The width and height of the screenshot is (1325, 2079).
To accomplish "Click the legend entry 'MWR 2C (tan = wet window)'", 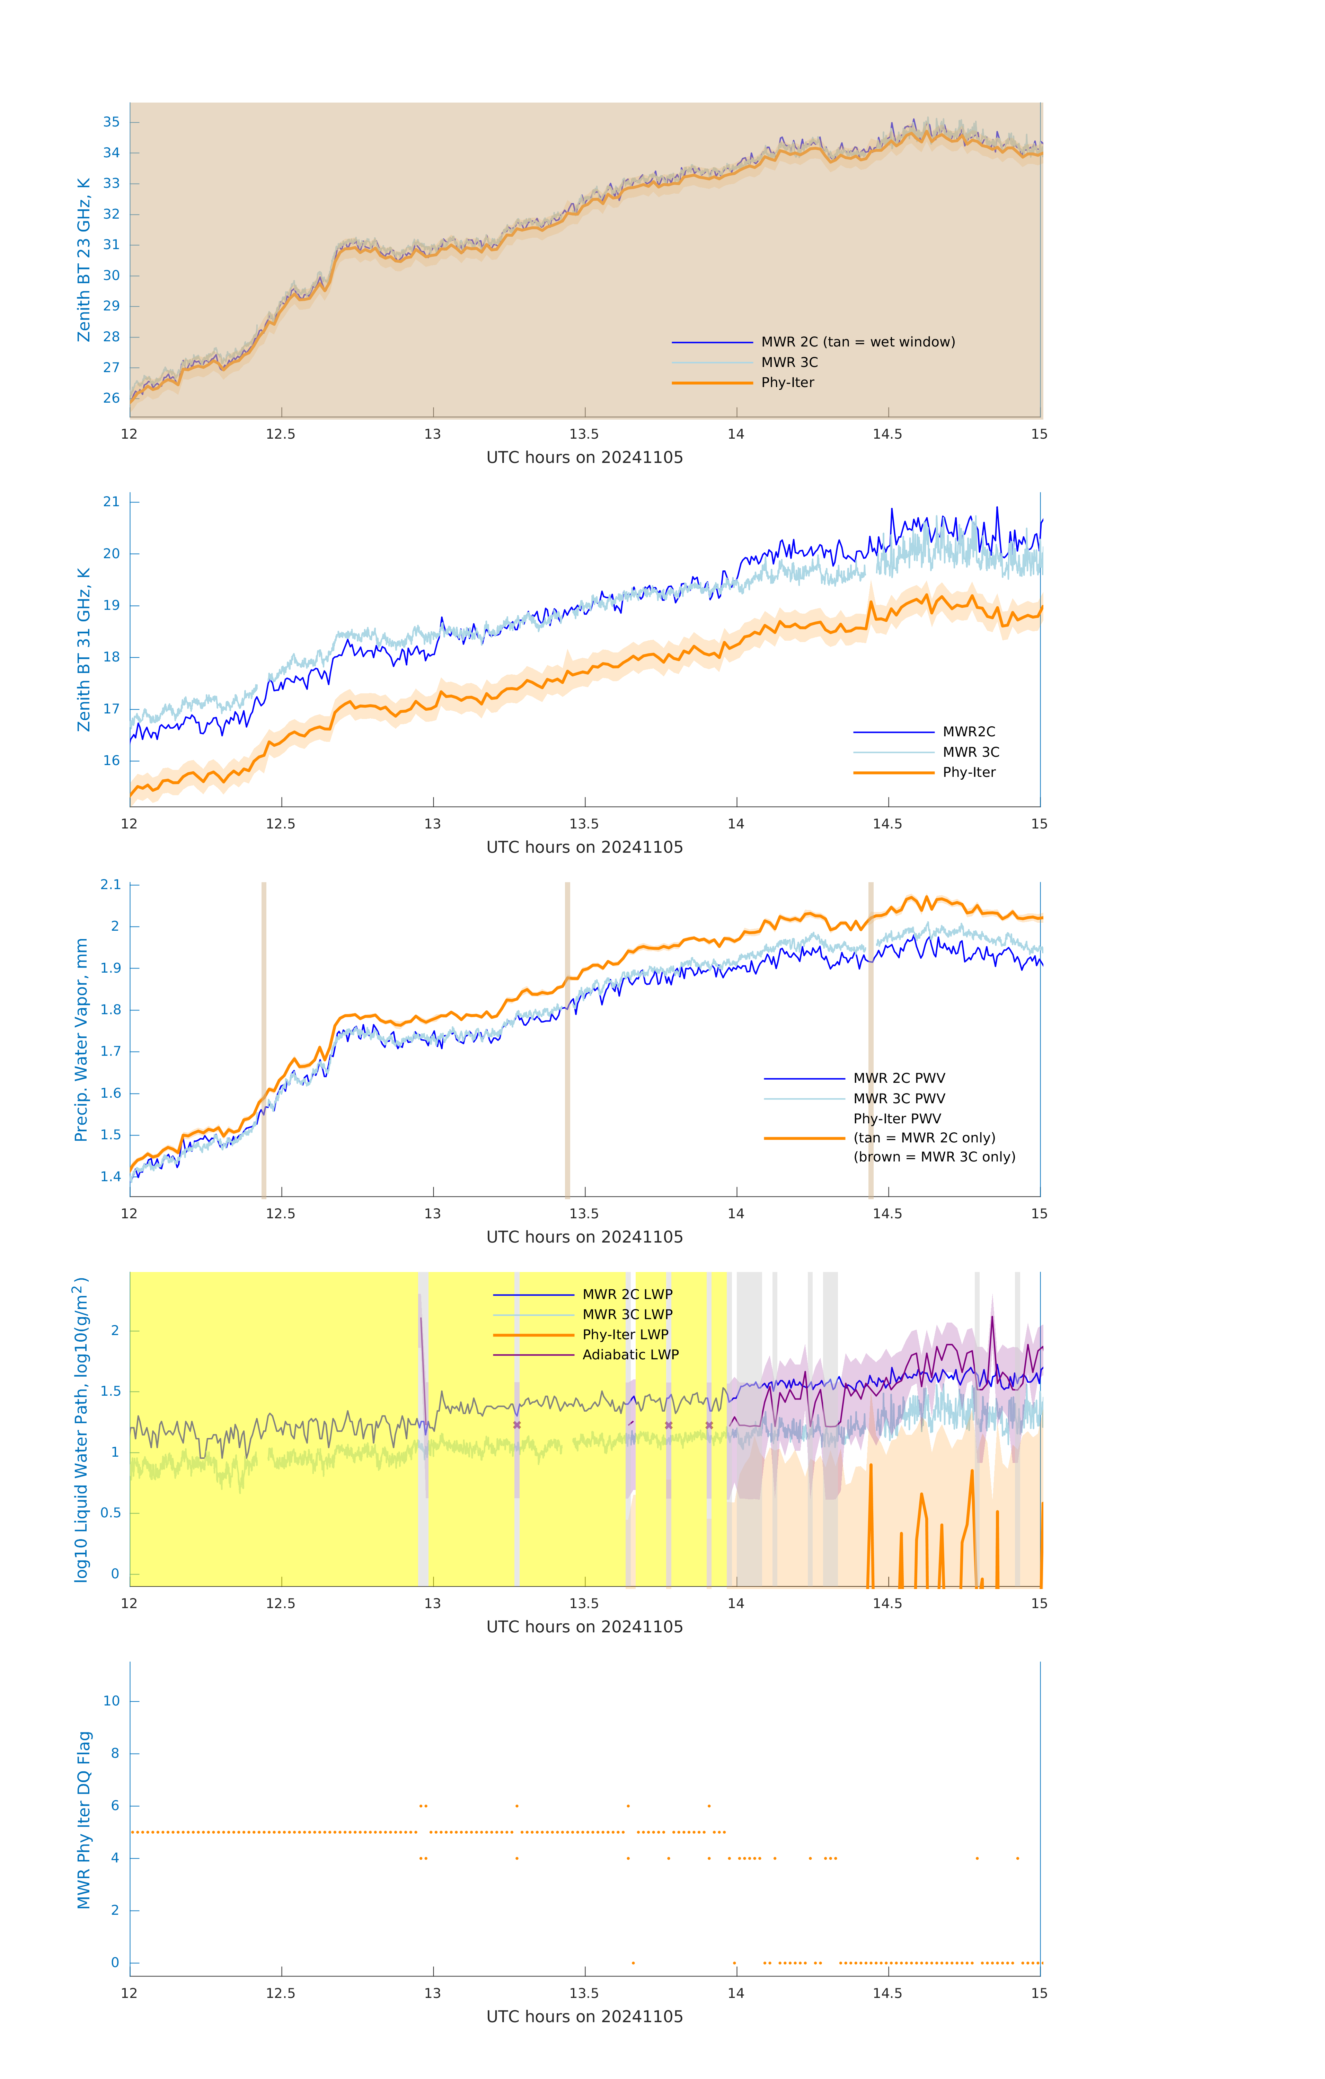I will pos(857,342).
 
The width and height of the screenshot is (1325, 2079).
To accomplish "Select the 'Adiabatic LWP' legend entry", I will pos(630,1354).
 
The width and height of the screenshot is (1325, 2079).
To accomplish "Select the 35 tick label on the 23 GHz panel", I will pos(111,122).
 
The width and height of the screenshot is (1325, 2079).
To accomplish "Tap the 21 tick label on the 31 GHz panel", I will pos(111,502).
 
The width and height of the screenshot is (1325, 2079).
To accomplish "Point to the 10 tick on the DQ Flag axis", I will pos(111,1701).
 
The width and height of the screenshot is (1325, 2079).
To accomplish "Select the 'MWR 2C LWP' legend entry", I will pos(627,1294).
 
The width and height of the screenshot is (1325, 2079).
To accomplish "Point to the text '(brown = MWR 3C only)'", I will pos(934,1157).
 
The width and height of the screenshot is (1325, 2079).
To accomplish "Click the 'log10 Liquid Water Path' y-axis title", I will pos(81,1429).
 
